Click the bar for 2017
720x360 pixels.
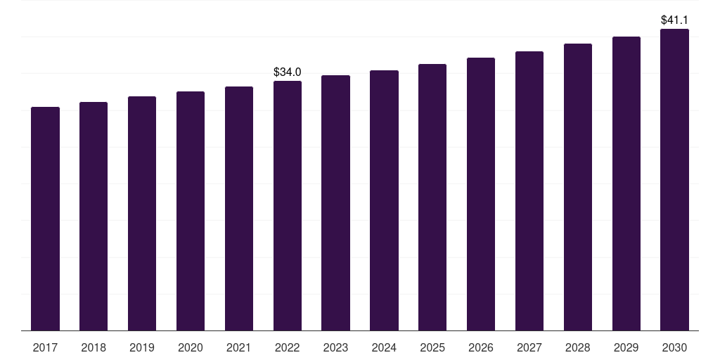tap(45, 219)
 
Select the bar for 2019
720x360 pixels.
tap(142, 214)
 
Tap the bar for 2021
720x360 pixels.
tap(239, 209)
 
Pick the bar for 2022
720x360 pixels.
tap(288, 206)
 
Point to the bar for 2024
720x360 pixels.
tap(385, 200)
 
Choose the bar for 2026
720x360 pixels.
tap(481, 194)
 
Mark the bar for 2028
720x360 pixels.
tap(578, 187)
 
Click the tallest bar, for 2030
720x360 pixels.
tap(675, 180)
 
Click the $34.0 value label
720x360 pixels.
tap(288, 72)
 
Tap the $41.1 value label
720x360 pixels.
tap(675, 20)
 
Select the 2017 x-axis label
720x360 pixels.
tap(45, 347)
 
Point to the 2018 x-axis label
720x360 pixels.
tap(94, 347)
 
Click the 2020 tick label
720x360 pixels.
tap(191, 347)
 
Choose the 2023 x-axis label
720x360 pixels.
tap(336, 347)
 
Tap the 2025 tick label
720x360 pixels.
tap(432, 347)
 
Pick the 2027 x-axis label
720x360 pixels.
tap(529, 347)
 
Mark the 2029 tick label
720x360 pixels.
tap(626, 347)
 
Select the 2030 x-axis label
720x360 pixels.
tap(675, 347)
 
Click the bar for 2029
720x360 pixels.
tap(626, 184)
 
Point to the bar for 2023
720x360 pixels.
tap(336, 203)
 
